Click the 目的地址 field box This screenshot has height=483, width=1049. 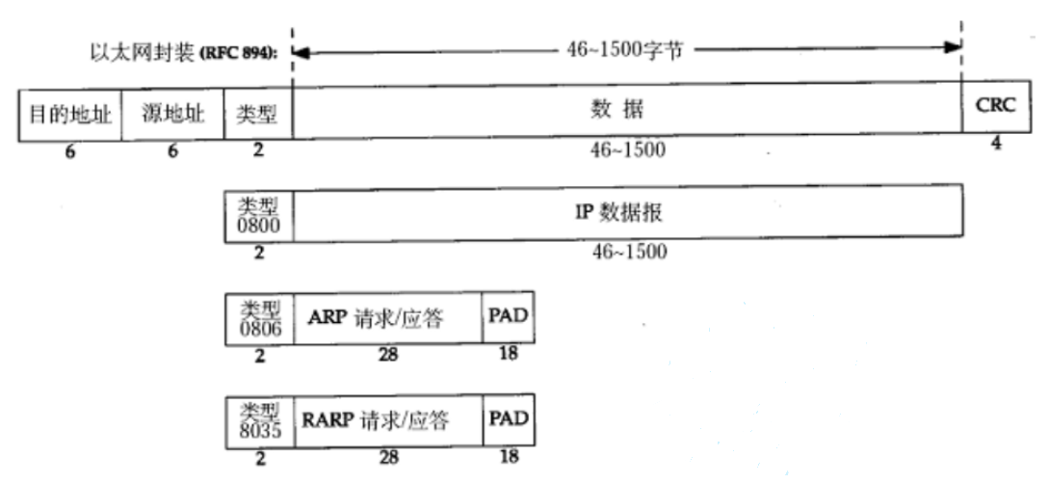[70, 115]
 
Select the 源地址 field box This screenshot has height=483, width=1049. [173, 115]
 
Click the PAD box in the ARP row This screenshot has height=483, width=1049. [508, 316]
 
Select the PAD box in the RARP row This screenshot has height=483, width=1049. [509, 419]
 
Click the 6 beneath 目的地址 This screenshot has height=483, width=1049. [70, 151]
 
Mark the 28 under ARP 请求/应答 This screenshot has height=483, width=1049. [388, 355]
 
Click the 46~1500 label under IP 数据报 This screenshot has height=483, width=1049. [629, 252]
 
